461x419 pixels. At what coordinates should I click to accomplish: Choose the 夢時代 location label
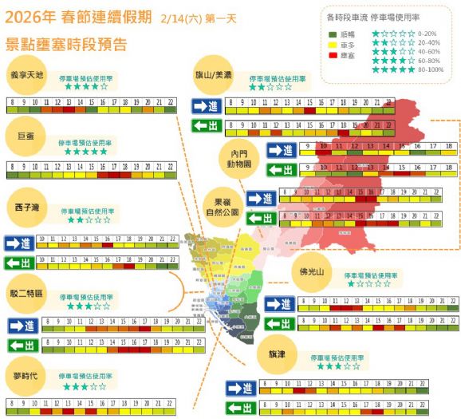pos(28,375)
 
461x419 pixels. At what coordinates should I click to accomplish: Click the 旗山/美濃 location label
pos(214,74)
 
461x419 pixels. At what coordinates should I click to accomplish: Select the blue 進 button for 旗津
pos(241,388)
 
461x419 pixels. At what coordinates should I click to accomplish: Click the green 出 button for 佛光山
pos(279,323)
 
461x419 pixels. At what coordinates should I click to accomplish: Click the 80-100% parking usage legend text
pos(431,69)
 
